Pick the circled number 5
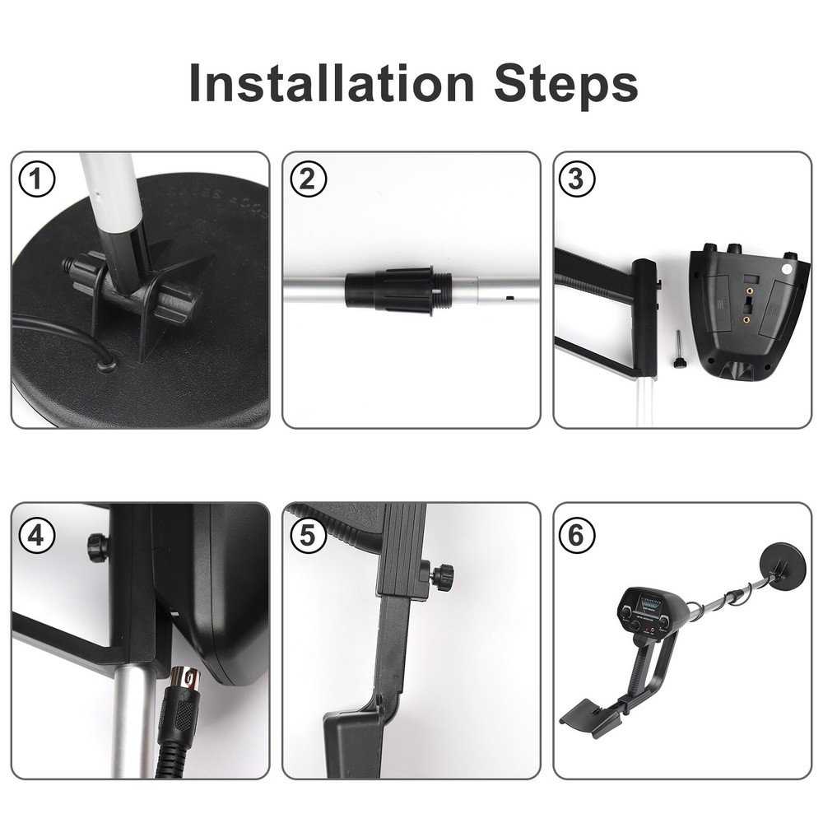point(308,536)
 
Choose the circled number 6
point(578,536)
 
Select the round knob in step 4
point(98,546)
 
